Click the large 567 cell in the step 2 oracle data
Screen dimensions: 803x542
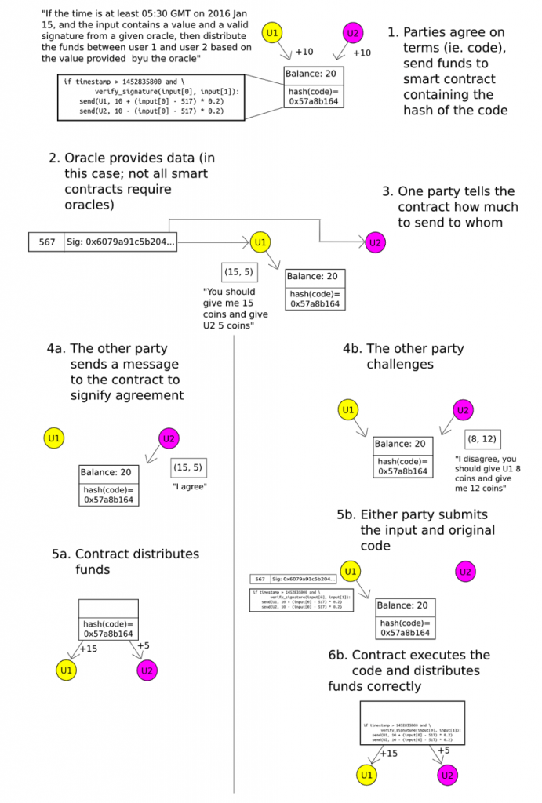[x=47, y=242]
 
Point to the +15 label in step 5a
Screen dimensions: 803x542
[x=88, y=649]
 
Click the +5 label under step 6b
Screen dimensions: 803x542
[x=443, y=750]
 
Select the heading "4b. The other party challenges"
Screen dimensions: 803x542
[x=403, y=357]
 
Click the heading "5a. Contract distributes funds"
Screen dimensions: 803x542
[x=125, y=561]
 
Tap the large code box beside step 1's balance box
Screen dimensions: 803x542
[x=144, y=96]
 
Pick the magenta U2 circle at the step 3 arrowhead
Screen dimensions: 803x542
[x=376, y=242]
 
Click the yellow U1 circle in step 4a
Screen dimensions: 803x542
[x=54, y=438]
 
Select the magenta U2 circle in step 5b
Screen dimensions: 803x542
[x=466, y=572]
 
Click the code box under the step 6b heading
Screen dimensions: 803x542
[x=412, y=722]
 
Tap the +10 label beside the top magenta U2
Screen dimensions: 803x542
[x=362, y=53]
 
